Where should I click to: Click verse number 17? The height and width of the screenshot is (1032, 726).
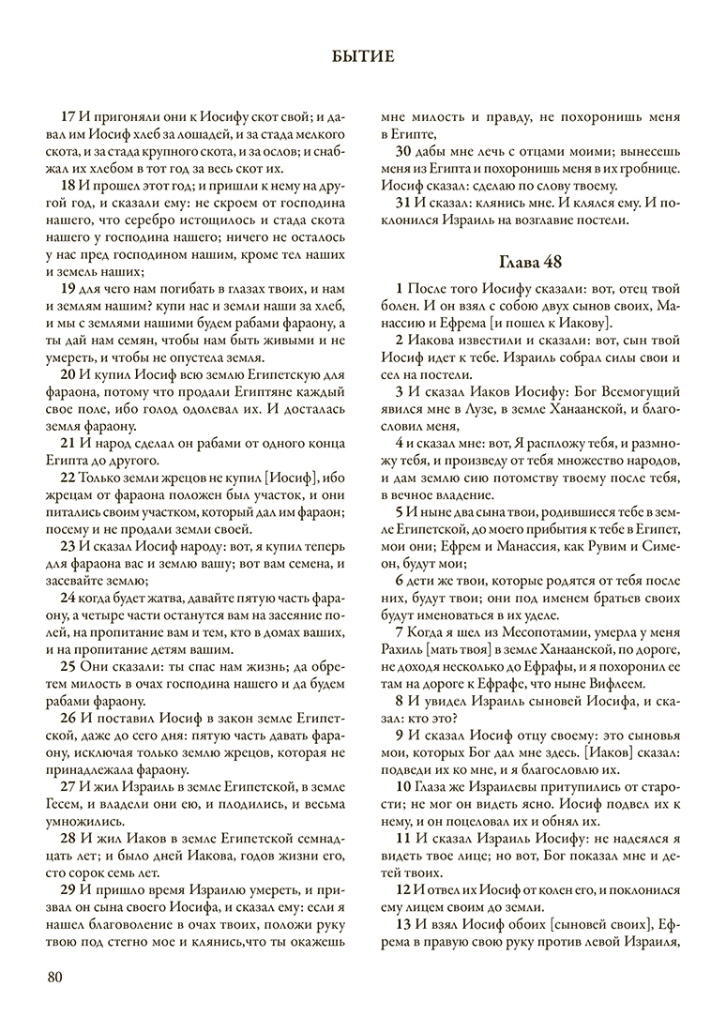coord(68,118)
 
